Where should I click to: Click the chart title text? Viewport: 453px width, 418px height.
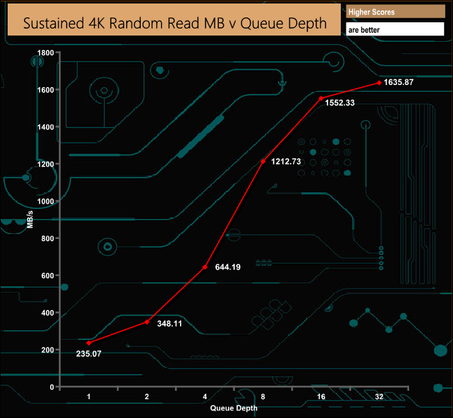click(x=176, y=23)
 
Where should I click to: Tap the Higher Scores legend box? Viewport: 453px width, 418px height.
click(x=394, y=12)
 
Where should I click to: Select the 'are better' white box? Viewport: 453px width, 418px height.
click(x=394, y=30)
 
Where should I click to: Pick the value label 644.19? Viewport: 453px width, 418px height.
click(x=227, y=267)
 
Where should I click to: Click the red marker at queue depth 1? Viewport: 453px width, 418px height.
click(x=89, y=343)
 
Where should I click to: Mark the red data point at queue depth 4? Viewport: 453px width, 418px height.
click(x=205, y=267)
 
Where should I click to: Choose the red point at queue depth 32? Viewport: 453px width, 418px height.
click(x=378, y=82)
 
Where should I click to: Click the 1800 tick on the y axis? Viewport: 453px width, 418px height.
click(x=47, y=53)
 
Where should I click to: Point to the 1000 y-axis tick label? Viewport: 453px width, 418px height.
click(x=47, y=201)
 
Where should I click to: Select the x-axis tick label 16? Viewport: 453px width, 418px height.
click(x=321, y=396)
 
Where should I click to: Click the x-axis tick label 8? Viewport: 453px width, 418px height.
click(x=263, y=396)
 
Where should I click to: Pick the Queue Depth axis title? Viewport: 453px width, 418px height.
click(x=234, y=408)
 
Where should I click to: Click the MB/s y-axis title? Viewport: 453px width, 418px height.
click(x=30, y=218)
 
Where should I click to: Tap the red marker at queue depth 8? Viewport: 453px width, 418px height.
click(x=263, y=162)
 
